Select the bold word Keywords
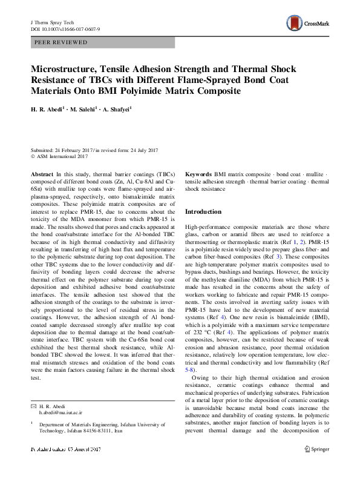pos(198,173)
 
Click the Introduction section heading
pos(203,211)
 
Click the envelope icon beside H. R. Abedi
pos(33,405)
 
